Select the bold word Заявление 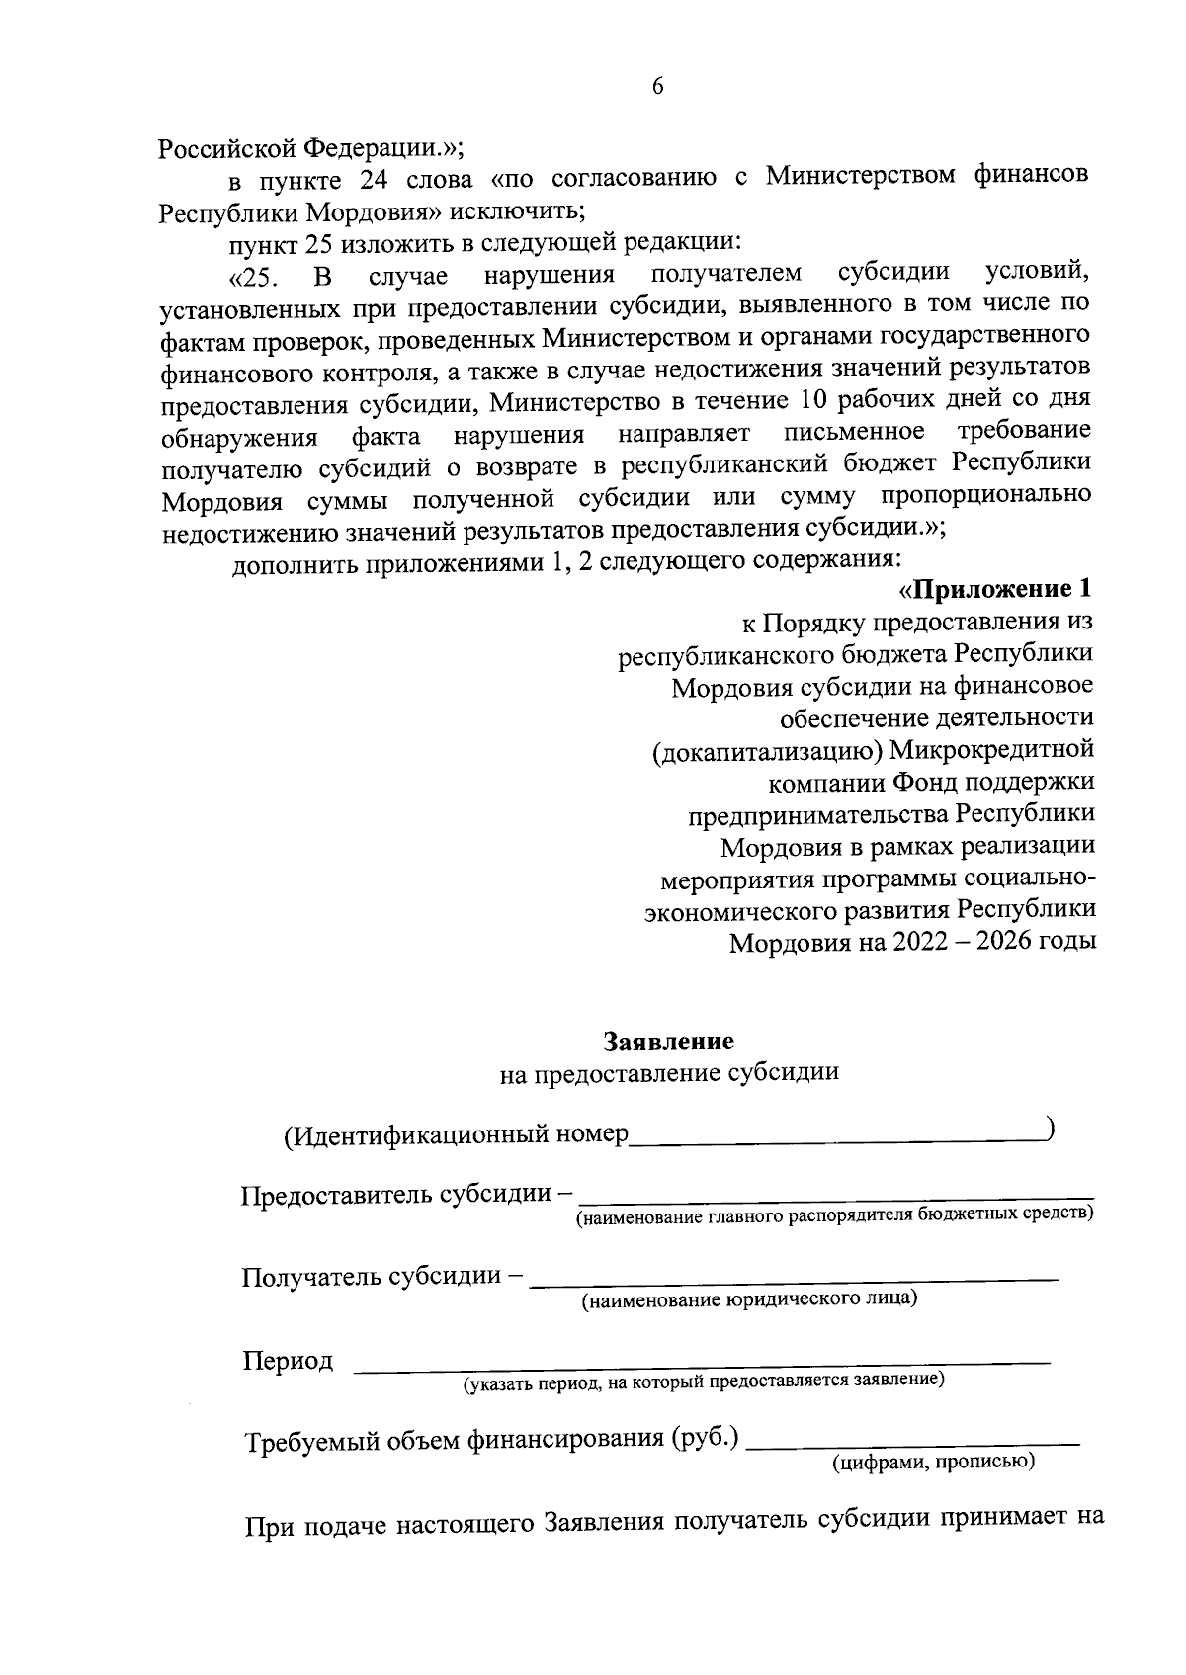click(668, 1042)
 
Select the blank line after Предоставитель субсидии click(835, 1197)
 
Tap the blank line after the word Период click(702, 1365)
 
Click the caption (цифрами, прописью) click(933, 1462)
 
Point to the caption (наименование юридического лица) click(749, 1298)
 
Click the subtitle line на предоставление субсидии click(669, 1073)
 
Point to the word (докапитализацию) click(766, 751)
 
